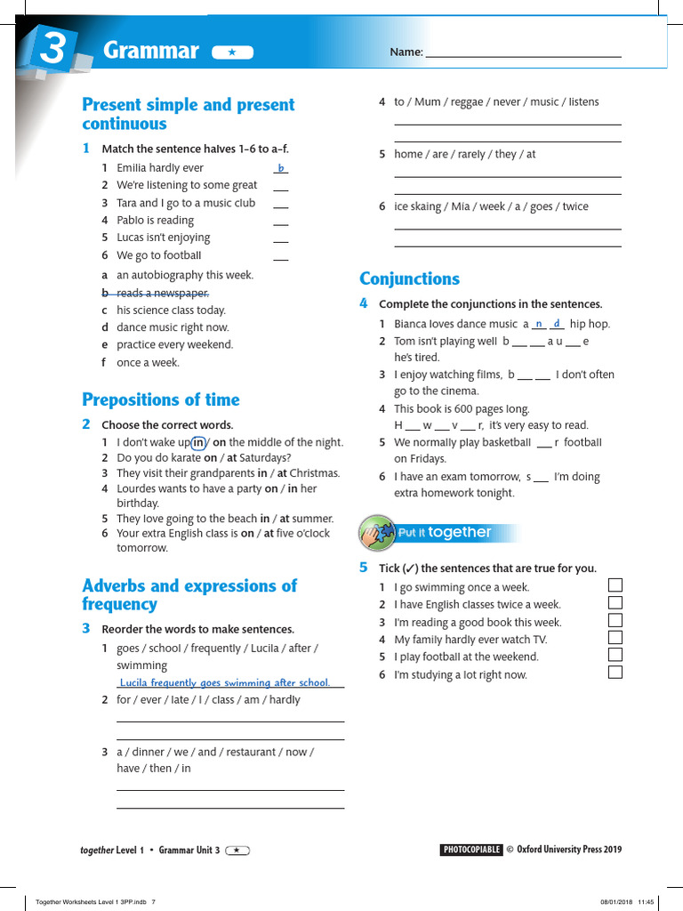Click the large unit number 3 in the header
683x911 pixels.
[x=52, y=49]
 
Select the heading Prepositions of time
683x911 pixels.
[x=161, y=399]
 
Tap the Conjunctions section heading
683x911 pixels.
[x=409, y=278]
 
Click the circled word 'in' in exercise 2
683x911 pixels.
[x=199, y=442]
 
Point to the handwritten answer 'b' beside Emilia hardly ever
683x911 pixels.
[x=281, y=168]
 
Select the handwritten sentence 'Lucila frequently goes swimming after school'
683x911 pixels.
[x=224, y=682]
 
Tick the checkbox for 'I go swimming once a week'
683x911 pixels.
[x=615, y=585]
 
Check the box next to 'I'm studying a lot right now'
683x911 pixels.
[x=615, y=673]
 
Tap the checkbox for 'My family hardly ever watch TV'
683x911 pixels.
[x=615, y=638]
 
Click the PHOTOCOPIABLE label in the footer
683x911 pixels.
[x=471, y=850]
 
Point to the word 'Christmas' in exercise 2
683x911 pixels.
[x=315, y=473]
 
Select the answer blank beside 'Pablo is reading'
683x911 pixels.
[x=281, y=221]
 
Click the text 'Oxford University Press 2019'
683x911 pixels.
[x=569, y=850]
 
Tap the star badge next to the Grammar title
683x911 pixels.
[x=232, y=52]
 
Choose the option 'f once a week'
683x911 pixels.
[x=147, y=362]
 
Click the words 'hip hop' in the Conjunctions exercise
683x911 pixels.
[x=590, y=324]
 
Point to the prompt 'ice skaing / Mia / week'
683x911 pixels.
[x=491, y=206]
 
